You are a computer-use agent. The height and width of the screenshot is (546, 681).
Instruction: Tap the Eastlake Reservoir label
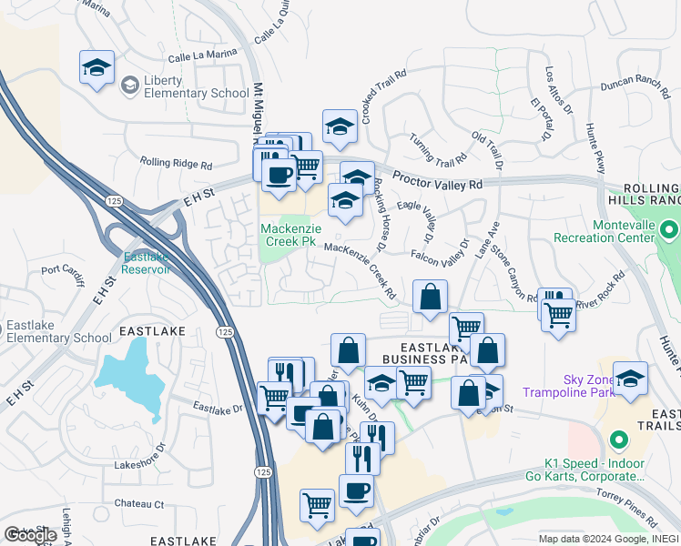(x=147, y=263)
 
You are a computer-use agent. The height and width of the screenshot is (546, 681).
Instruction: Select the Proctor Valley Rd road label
(x=438, y=182)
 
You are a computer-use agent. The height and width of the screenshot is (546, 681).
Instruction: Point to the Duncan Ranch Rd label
(x=629, y=85)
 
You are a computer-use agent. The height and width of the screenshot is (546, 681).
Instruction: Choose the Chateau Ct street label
(x=138, y=503)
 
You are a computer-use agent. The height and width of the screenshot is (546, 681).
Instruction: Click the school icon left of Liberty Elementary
(x=97, y=67)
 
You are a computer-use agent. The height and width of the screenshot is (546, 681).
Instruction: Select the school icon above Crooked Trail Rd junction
(x=340, y=126)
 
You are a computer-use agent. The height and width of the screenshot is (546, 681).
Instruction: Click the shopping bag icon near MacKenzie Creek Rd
(x=430, y=297)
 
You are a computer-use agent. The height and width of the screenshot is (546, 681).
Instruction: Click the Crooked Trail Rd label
(x=381, y=96)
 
